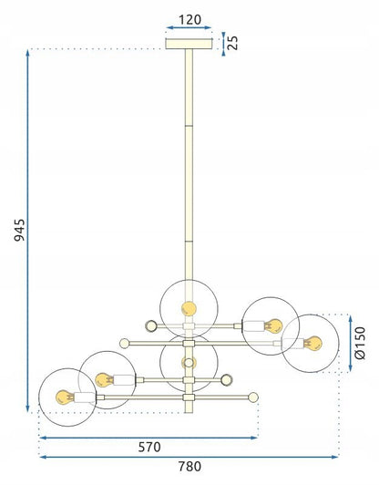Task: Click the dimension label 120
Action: tap(189, 20)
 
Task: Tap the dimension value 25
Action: tap(233, 43)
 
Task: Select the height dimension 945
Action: tap(19, 230)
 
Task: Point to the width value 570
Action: tap(149, 448)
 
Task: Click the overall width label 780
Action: tap(189, 467)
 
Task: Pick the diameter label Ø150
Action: tap(361, 343)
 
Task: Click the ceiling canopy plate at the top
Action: tap(189, 44)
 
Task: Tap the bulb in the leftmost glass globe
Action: tap(65, 397)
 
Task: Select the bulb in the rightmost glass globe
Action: tap(312, 343)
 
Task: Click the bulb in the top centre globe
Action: tap(189, 308)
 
